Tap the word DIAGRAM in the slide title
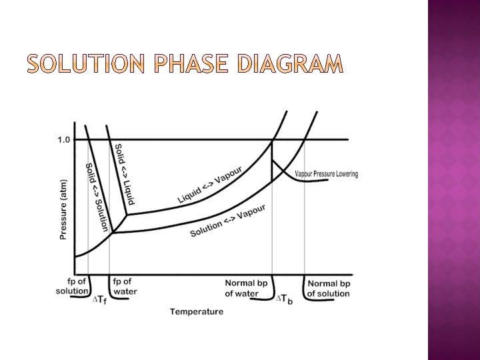click(290, 64)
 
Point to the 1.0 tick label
click(63, 139)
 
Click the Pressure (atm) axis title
click(64, 209)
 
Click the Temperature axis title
click(197, 311)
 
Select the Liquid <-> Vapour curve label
click(209, 185)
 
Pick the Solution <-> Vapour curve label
click(227, 221)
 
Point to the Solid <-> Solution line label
click(96, 196)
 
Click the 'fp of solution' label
click(72, 287)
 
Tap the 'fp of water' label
click(125, 287)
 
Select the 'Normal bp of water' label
click(246, 288)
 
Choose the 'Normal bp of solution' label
click(328, 288)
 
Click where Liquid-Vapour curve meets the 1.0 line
click(273, 139)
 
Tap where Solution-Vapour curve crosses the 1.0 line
click(305, 139)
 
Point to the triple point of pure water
click(127, 215)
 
